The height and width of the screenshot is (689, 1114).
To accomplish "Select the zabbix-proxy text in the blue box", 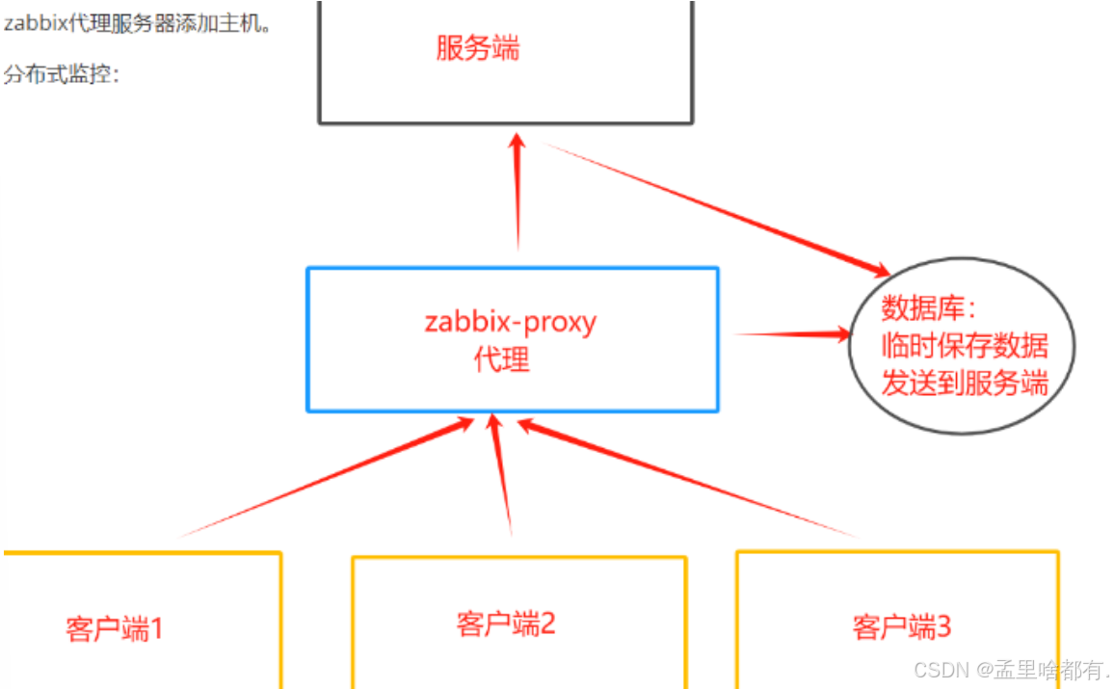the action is [x=510, y=321].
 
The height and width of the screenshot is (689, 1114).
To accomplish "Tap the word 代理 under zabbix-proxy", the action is [x=501, y=360].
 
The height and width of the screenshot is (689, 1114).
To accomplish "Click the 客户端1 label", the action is [x=115, y=629].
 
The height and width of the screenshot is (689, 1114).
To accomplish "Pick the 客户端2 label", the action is [x=506, y=623].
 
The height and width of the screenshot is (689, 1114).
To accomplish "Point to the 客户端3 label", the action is [x=902, y=627].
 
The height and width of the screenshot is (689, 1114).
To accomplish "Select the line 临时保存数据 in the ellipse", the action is [x=964, y=345].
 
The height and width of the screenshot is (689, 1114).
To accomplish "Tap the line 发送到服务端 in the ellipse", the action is [x=964, y=383].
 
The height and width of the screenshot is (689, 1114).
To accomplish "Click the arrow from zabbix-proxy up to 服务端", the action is [x=518, y=193].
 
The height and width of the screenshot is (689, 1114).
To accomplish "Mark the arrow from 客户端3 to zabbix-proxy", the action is [x=684, y=476].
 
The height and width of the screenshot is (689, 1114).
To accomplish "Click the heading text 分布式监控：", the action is [x=62, y=74].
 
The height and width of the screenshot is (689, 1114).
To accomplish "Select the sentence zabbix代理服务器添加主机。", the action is [x=137, y=23].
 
